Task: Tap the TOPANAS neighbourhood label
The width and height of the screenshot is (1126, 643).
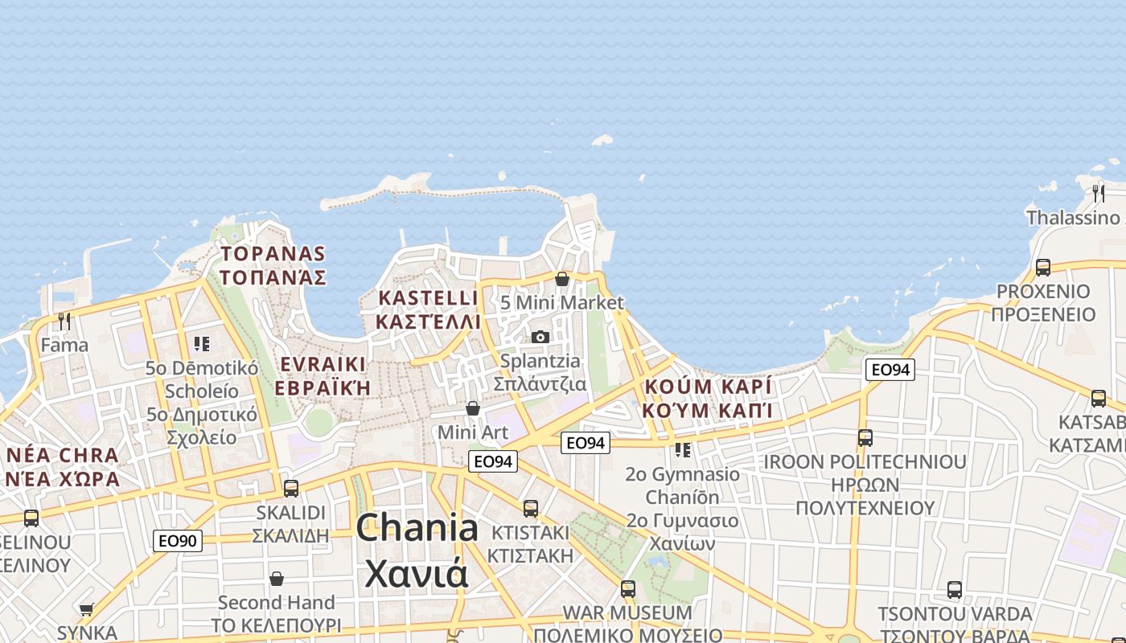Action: point(273,266)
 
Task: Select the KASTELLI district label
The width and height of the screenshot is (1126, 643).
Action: point(429,309)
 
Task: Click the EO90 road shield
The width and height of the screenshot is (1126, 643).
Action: point(178,541)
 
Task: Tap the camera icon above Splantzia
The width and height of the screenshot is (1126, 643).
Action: point(540,337)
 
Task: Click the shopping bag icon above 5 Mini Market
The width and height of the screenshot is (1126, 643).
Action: point(562,279)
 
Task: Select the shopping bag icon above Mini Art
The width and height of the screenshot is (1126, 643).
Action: point(473,408)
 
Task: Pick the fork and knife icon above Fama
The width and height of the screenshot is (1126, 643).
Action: point(64,321)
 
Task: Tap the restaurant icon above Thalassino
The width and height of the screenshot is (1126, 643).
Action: point(1099,193)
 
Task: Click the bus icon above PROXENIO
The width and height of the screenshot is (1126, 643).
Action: point(1043,267)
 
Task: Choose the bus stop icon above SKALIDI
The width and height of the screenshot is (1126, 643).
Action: point(291,488)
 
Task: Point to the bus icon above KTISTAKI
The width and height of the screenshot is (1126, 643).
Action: point(530,508)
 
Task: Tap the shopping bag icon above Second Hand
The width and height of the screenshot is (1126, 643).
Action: point(277,579)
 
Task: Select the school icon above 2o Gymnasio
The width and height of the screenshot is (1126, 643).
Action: point(682,449)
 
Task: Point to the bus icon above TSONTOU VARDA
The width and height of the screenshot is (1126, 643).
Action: point(955,590)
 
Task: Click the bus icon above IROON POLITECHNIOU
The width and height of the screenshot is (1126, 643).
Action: point(865,438)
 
